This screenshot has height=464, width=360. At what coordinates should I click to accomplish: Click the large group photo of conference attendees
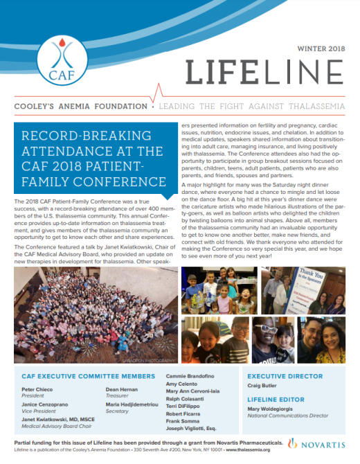(x=91, y=310)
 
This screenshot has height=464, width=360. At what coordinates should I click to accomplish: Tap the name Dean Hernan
(x=122, y=390)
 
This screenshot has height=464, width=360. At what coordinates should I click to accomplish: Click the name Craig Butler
(x=264, y=388)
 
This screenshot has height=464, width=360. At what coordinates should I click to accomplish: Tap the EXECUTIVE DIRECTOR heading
(x=285, y=377)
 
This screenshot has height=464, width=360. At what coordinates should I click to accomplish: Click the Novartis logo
(x=323, y=442)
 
